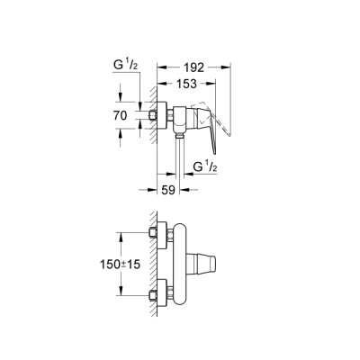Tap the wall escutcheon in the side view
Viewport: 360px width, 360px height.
[x=164, y=117]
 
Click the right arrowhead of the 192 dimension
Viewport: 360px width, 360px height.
[x=229, y=66]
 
